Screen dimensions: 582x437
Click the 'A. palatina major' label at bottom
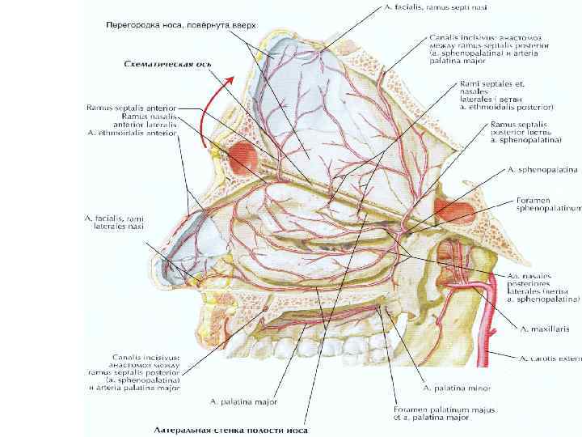tap(243, 401)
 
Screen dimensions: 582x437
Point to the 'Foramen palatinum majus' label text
tap(432, 409)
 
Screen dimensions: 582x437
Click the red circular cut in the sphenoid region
tap(450, 213)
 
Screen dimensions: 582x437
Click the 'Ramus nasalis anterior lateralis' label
tap(129, 120)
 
